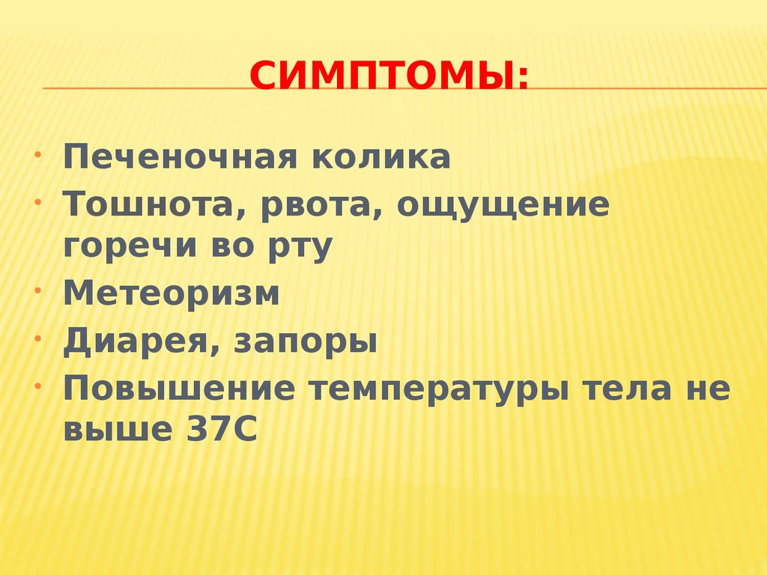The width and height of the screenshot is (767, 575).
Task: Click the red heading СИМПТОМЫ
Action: tap(388, 76)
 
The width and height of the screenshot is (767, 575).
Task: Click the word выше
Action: tap(115, 431)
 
